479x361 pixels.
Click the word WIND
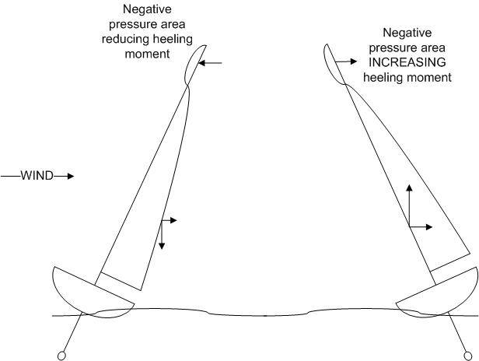coord(37,176)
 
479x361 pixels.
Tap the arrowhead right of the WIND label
coord(71,176)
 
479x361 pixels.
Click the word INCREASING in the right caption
coord(407,62)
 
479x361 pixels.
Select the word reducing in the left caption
coord(125,40)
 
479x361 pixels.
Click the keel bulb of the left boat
coord(61,356)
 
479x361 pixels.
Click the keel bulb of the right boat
coord(467,356)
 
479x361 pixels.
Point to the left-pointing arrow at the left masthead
coord(210,63)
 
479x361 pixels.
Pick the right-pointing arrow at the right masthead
coord(346,61)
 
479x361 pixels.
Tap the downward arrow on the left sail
coord(162,234)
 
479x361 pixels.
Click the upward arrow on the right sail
coord(409,205)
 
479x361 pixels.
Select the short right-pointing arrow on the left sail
coord(170,220)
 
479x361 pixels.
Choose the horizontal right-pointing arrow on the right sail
coord(421,227)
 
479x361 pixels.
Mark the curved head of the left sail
coord(195,65)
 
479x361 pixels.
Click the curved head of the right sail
coord(334,65)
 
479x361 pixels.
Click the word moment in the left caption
coord(147,54)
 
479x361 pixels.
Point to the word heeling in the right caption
coord(383,77)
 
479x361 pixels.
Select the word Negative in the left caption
coord(147,9)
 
